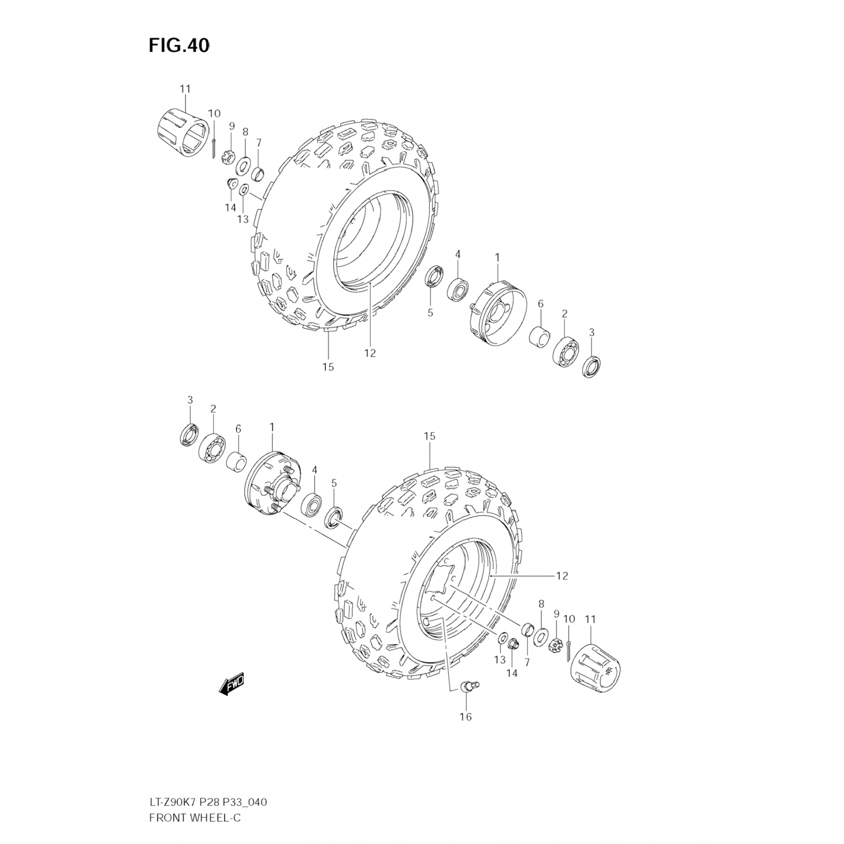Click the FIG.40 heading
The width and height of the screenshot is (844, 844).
[x=179, y=46]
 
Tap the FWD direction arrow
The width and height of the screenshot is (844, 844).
[x=231, y=686]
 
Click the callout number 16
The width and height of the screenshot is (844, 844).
[x=465, y=716]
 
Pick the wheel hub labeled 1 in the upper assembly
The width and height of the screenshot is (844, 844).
[x=495, y=315]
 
